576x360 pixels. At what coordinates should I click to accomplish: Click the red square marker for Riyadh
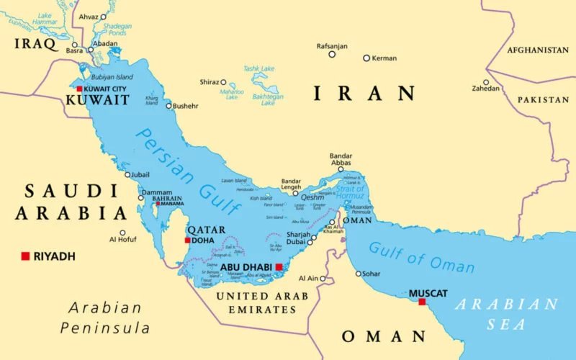click(25, 256)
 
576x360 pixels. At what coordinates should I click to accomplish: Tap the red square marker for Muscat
click(423, 302)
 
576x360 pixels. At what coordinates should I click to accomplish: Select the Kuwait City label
click(105, 89)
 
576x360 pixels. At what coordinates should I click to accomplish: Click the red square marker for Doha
click(188, 240)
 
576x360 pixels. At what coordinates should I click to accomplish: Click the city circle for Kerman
click(366, 58)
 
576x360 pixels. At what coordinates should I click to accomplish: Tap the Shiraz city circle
click(223, 82)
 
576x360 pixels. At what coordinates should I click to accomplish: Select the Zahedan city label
click(485, 89)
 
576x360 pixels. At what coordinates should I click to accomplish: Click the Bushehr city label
click(185, 106)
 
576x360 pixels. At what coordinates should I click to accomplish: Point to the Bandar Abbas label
click(341, 160)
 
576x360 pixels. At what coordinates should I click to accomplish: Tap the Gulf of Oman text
click(422, 257)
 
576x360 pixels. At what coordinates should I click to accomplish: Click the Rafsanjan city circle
click(332, 54)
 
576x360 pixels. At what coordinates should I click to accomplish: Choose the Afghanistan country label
click(537, 50)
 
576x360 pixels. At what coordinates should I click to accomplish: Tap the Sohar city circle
click(359, 274)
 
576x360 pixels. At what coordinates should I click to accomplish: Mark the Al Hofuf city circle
click(122, 233)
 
